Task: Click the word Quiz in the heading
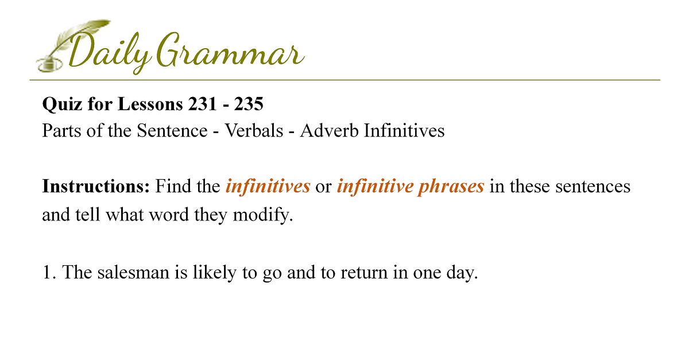[62, 104]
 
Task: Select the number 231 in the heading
[202, 104]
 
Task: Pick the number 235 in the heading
[249, 104]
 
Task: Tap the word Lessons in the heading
[150, 104]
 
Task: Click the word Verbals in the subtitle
[254, 130]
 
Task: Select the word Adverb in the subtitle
[329, 130]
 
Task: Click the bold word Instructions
[96, 186]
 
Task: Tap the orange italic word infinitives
[268, 186]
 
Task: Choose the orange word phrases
[451, 187]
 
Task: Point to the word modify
[263, 215]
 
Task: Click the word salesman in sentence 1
[133, 272]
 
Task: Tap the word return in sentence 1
[364, 273]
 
